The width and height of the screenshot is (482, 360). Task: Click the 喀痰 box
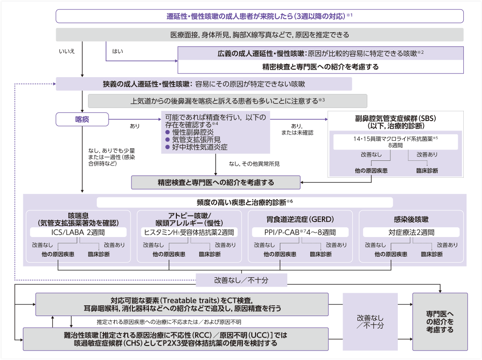[x=82, y=120]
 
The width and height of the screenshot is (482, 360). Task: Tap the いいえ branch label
[x=67, y=51]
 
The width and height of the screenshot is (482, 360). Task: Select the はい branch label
[x=118, y=51]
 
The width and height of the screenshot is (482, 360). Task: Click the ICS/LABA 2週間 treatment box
[x=79, y=232]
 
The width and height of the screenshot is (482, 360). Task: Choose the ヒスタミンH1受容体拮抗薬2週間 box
[x=189, y=232]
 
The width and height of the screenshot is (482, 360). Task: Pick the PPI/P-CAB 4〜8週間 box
[x=300, y=232]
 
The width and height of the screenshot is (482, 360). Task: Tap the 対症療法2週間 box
[x=411, y=232]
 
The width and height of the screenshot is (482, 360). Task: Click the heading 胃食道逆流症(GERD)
[x=300, y=219]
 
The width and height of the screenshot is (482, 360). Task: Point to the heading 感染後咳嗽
[x=411, y=219]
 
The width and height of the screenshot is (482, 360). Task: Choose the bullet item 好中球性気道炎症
[x=197, y=147]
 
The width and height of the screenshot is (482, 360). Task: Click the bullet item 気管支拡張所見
[x=194, y=139]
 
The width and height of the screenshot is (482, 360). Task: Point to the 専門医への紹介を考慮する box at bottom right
[x=439, y=322]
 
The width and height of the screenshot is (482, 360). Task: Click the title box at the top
[x=259, y=16]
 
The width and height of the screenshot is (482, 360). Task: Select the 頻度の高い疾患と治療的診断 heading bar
[x=245, y=202]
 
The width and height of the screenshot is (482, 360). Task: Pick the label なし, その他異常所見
[x=254, y=164]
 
